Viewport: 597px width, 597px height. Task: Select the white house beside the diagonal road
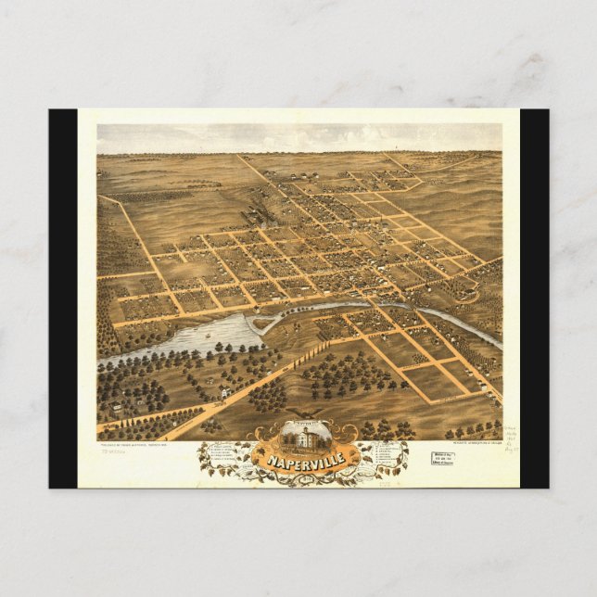(x=225, y=393)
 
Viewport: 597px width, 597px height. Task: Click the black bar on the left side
(x=63, y=297)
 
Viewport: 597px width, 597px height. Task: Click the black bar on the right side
(x=534, y=297)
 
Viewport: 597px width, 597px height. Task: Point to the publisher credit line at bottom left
(x=139, y=444)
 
